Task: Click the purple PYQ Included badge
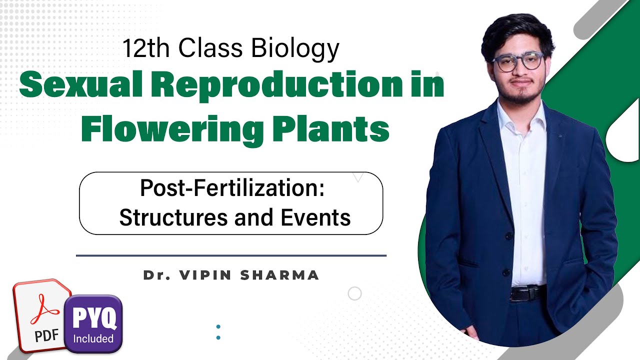click(x=94, y=322)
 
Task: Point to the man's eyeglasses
click(x=518, y=61)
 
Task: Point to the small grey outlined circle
click(x=354, y=293)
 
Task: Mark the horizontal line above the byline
click(x=231, y=255)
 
